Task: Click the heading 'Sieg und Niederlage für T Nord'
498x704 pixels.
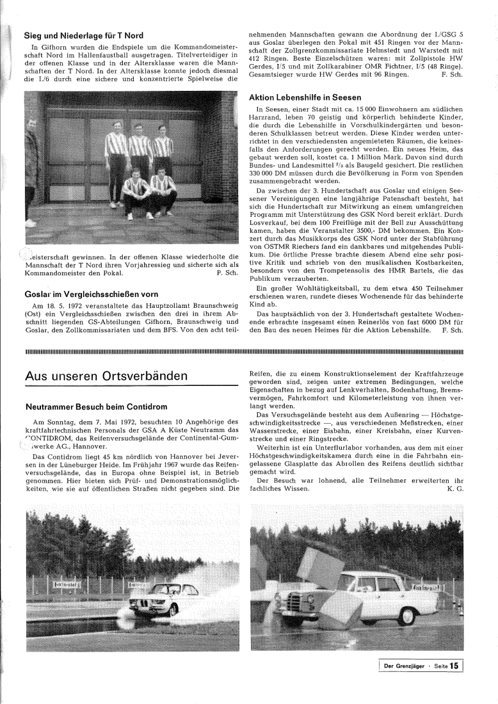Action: coord(83,35)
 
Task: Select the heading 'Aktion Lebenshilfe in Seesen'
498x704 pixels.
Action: coord(305,97)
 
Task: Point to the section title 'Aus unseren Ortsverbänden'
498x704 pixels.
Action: coord(106,376)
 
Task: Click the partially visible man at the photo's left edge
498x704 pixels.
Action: coord(30,160)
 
